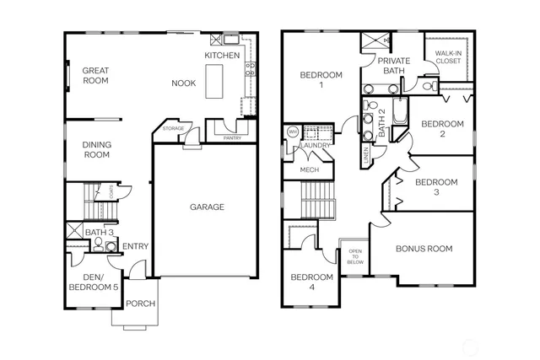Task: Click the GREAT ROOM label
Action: [96, 77]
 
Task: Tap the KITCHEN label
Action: [223, 56]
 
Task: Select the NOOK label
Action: [184, 83]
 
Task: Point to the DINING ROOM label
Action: [96, 149]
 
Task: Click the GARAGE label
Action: [206, 207]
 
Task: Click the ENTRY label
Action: [136, 247]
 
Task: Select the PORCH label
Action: [140, 304]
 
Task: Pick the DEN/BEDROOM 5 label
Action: [93, 282]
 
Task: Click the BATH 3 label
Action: [100, 232]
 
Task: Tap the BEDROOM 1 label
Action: [321, 80]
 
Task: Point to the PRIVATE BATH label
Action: [393, 66]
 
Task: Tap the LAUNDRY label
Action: [316, 145]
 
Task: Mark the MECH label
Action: [308, 171]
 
